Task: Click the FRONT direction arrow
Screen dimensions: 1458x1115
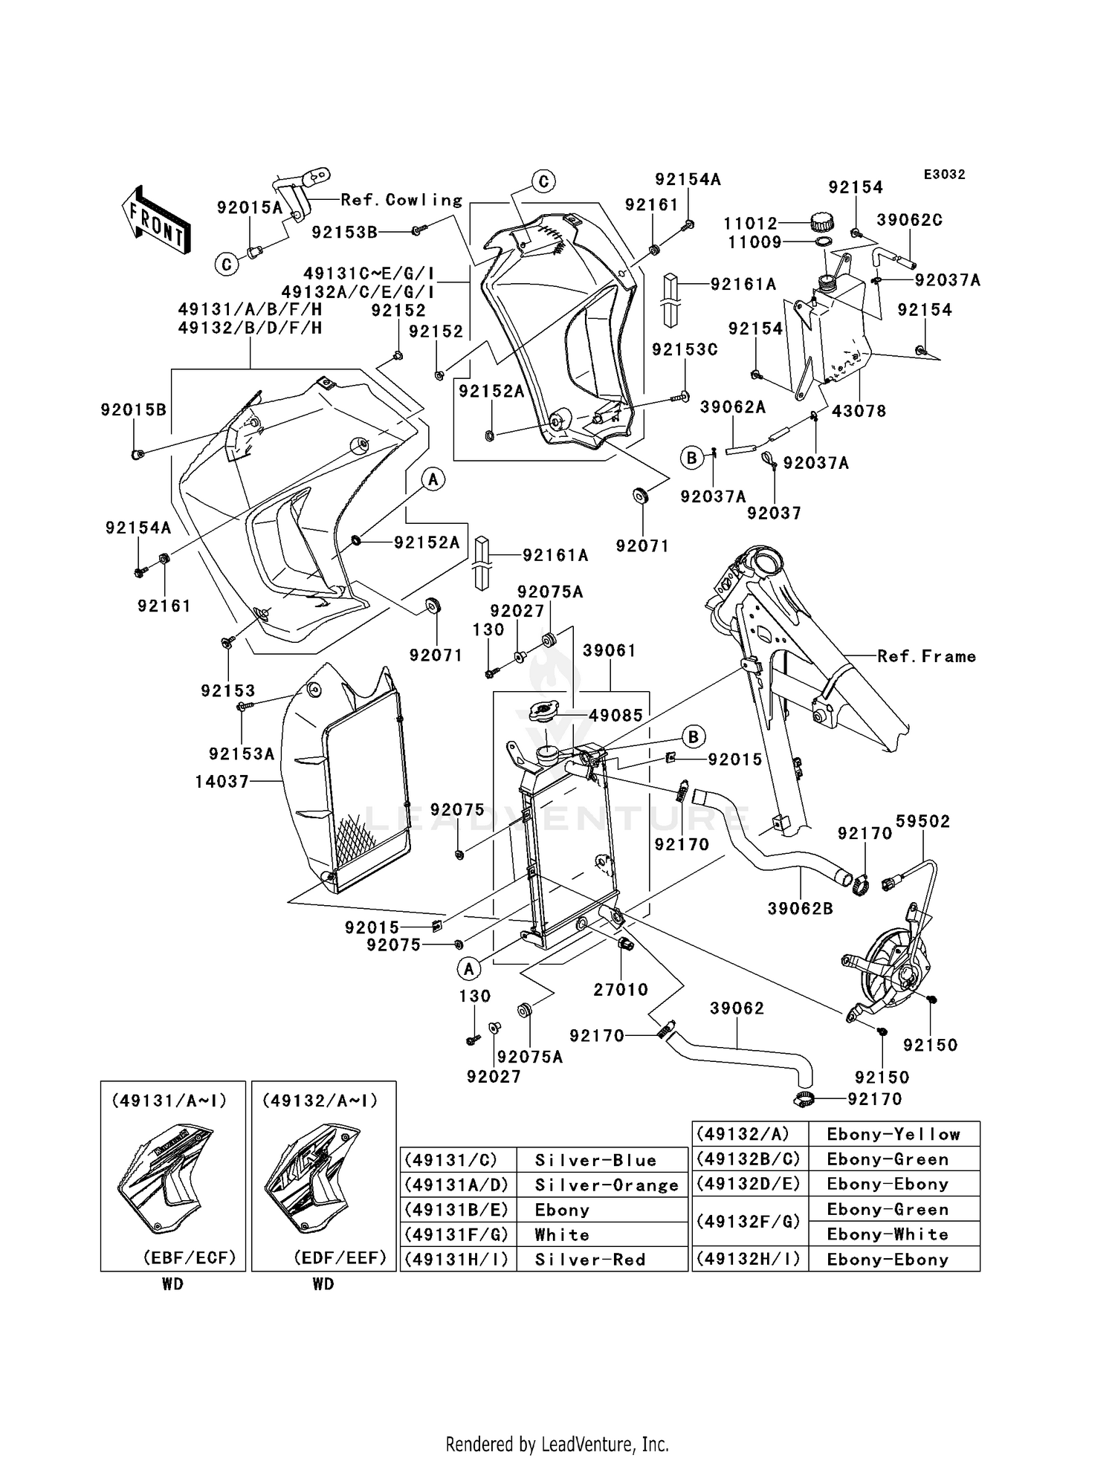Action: (x=156, y=221)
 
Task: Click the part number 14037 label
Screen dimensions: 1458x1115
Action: (x=222, y=781)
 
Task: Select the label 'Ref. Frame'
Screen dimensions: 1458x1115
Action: (x=926, y=656)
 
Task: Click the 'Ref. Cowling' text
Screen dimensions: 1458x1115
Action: (x=401, y=200)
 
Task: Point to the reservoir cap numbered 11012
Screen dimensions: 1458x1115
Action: (x=821, y=221)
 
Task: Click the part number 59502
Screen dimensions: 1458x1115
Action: (x=922, y=821)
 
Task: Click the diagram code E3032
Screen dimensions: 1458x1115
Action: (x=944, y=175)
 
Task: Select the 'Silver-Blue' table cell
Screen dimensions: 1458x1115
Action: (x=595, y=1160)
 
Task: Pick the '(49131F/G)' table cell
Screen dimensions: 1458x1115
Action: (x=457, y=1234)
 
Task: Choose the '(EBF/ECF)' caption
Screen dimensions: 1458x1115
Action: (x=190, y=1257)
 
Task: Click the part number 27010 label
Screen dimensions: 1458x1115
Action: (x=621, y=989)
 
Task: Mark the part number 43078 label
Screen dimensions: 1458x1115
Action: (x=859, y=411)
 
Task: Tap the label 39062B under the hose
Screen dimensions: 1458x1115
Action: (x=800, y=908)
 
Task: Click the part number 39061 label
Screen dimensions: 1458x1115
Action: (x=610, y=650)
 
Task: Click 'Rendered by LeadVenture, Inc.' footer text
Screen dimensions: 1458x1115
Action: (x=557, y=1444)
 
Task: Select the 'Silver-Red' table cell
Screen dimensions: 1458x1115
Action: (x=589, y=1260)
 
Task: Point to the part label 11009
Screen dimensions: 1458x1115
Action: (x=754, y=242)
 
